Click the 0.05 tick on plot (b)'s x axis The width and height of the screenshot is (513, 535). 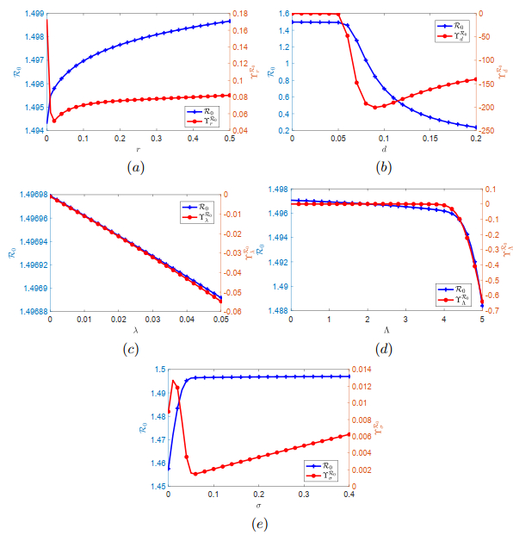click(338, 139)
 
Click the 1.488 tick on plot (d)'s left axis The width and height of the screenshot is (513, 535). click(276, 307)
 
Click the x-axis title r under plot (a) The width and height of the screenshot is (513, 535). click(137, 149)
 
